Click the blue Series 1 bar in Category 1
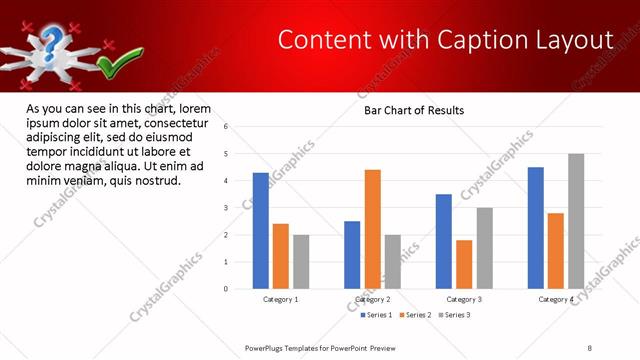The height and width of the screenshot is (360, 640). pos(261,231)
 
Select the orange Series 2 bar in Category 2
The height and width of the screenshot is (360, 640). pos(373,229)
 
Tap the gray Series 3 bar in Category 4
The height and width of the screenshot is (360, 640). pos(576,221)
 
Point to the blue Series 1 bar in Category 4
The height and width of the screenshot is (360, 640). pos(536,228)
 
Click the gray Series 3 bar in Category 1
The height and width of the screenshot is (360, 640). pos(301,262)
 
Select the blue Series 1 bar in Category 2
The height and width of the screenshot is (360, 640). pos(352,255)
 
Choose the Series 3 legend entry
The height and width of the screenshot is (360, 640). pos(453,315)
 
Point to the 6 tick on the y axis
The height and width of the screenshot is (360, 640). pos(227,127)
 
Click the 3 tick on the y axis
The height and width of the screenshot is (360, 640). pos(227,208)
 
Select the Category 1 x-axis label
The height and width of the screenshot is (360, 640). pos(281,299)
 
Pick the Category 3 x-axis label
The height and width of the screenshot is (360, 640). pos(463,299)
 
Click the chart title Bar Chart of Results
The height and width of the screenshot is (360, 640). pos(414,110)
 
